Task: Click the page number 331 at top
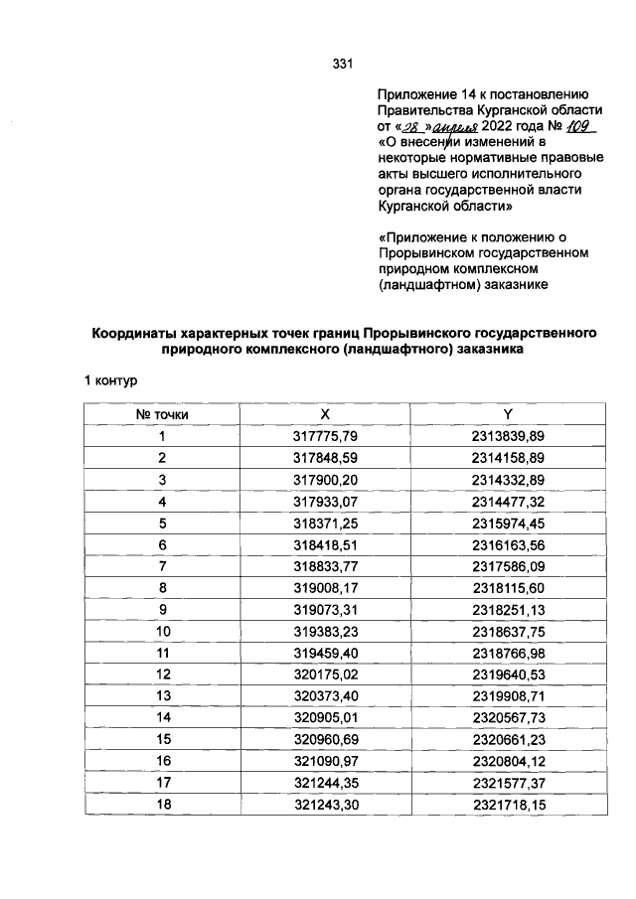tap(344, 65)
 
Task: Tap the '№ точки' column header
tap(161, 412)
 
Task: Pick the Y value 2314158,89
tap(509, 457)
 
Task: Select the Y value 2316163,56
tap(509, 544)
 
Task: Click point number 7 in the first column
tap(161, 566)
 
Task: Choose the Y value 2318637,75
tap(509, 631)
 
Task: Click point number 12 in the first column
tap(161, 674)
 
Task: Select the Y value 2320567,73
tap(509, 718)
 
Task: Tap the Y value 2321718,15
tap(509, 805)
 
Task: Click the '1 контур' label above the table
tap(115, 380)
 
